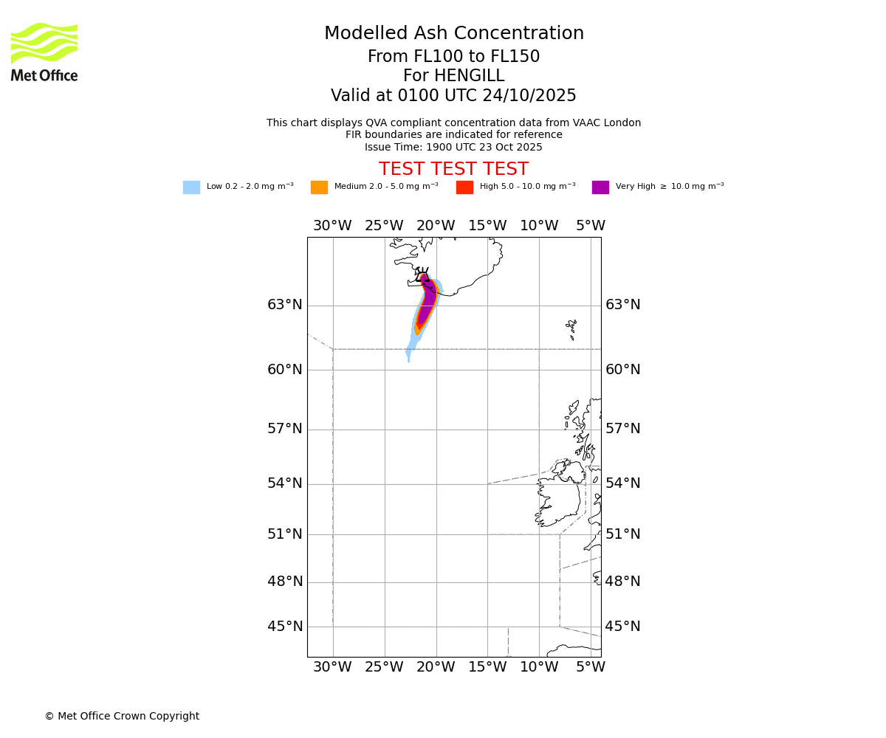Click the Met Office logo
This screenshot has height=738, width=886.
[x=44, y=52]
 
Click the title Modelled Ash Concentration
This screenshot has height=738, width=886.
[x=453, y=34]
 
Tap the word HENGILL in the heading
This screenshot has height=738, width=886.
[x=470, y=76]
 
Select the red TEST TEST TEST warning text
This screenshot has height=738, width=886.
[x=453, y=169]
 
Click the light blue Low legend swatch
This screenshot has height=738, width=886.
[x=191, y=187]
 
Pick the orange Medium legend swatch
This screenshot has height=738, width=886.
[x=319, y=187]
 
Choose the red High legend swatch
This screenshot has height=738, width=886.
[x=464, y=187]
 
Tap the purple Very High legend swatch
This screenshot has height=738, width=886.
[x=600, y=187]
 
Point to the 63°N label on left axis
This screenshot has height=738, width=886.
[x=285, y=305]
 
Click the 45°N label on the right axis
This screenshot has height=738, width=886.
[x=623, y=627]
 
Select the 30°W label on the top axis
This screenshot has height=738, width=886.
[x=332, y=226]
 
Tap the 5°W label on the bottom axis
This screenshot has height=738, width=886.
[x=591, y=667]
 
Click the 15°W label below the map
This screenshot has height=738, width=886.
[x=487, y=667]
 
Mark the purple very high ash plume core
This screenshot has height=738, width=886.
[x=427, y=303]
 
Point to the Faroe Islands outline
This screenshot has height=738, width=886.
[x=571, y=328]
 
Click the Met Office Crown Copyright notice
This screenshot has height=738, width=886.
[x=122, y=716]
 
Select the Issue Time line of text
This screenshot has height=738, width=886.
[x=453, y=147]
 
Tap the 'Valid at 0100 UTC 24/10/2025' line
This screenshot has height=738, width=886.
[x=453, y=96]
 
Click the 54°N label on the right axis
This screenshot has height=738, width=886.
[x=623, y=483]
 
